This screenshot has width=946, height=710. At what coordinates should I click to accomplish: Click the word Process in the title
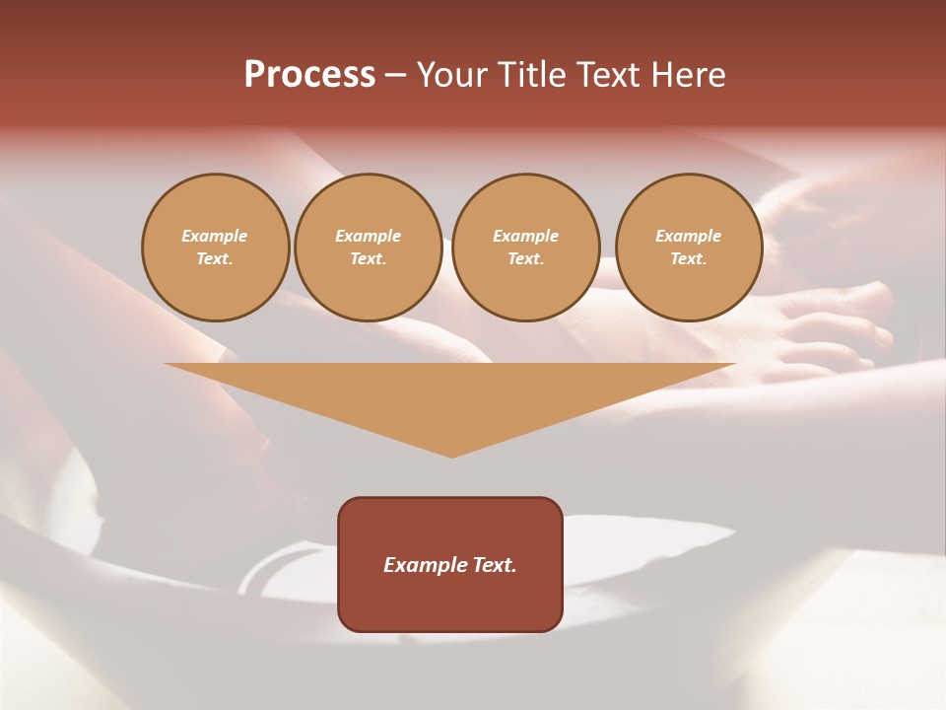[309, 75]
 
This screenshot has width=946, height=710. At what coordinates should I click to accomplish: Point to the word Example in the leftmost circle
[215, 236]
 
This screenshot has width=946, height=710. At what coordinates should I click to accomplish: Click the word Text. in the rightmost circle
[688, 259]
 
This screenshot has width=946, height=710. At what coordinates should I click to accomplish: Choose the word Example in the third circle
[525, 236]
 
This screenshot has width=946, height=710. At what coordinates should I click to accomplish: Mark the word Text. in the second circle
[368, 259]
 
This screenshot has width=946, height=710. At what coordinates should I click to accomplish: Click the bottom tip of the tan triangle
[451, 455]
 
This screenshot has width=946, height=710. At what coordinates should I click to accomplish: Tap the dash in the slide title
[395, 76]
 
